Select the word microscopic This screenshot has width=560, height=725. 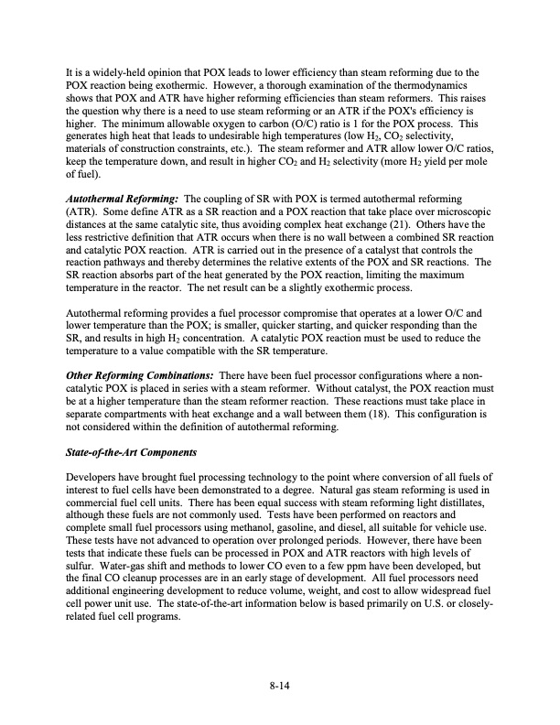pyautogui.click(x=462, y=210)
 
